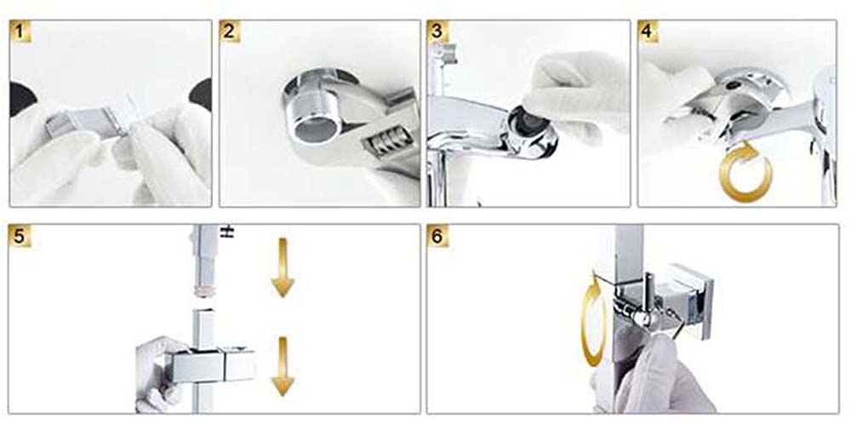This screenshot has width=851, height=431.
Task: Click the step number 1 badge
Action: pyautogui.click(x=20, y=32)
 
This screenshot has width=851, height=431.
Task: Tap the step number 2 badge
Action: pyautogui.click(x=230, y=32)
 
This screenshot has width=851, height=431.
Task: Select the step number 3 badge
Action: pyautogui.click(x=437, y=32)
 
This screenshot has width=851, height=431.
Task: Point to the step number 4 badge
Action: pyautogui.click(x=648, y=32)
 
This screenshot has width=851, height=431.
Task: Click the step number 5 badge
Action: pyautogui.click(x=20, y=237)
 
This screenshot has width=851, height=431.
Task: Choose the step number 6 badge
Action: pyautogui.click(x=437, y=237)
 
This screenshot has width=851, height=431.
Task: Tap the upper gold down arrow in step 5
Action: pyautogui.click(x=283, y=267)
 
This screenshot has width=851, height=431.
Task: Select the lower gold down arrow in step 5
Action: pyautogui.click(x=283, y=366)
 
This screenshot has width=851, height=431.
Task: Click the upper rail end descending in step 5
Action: pyautogui.click(x=204, y=261)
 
